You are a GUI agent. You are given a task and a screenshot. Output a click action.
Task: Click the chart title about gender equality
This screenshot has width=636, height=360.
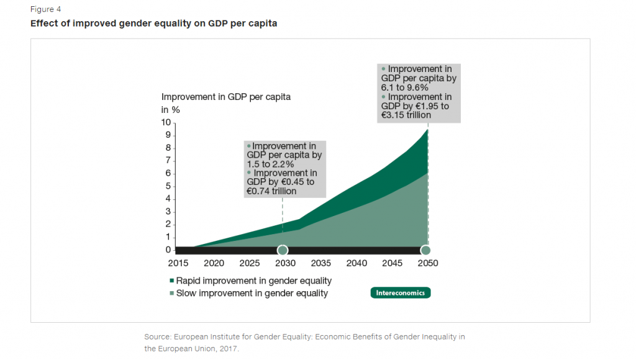[153, 24]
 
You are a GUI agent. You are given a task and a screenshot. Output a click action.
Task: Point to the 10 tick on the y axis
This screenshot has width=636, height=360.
[166, 123]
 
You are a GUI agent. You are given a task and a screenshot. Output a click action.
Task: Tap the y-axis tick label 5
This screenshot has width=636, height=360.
[168, 186]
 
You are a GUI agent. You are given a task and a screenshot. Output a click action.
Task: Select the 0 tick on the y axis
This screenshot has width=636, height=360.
[168, 250]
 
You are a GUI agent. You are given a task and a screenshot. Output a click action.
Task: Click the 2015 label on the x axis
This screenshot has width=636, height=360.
[178, 263]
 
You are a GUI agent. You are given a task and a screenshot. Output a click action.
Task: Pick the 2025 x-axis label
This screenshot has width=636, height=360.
[250, 263]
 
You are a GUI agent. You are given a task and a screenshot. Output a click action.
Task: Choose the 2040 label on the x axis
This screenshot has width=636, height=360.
[357, 263]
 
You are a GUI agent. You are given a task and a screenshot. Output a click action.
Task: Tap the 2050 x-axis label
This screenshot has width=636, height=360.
[427, 263]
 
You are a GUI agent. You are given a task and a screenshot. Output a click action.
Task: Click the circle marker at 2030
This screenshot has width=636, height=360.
[283, 250]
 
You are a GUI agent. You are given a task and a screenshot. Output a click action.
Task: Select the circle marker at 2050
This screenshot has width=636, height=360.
[426, 250]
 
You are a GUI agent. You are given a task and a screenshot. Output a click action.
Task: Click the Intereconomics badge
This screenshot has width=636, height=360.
[401, 292]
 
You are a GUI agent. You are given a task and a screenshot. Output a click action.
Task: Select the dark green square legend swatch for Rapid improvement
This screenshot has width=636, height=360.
[171, 281]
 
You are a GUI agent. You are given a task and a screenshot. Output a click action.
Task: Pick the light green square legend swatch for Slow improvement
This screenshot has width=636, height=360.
[171, 293]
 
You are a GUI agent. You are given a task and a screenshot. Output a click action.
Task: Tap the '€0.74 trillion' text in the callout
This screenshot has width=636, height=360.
[271, 191]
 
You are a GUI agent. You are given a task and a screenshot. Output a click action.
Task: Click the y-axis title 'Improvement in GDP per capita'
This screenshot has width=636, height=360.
[226, 97]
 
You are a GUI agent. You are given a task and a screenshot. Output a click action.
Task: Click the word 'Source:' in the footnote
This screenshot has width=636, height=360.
[158, 336]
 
